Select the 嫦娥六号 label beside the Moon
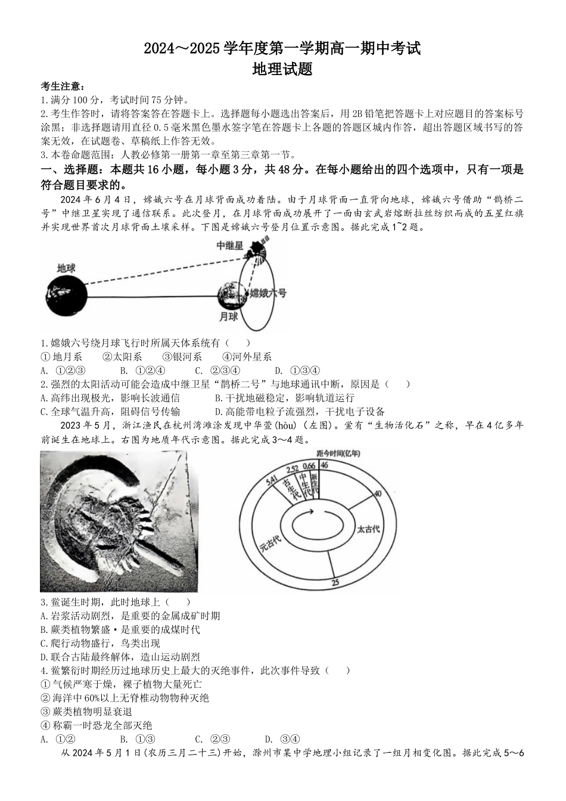pos(268,293)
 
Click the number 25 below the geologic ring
pos(335,583)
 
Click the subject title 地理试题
pos(282,70)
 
